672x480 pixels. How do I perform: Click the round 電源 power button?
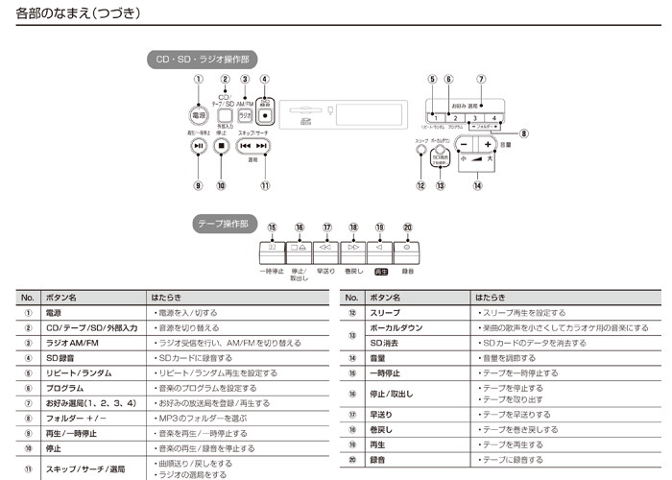tap(199, 114)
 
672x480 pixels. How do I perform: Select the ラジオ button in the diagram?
tap(244, 114)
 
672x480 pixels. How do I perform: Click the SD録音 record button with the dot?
tap(265, 115)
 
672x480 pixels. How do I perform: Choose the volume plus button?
tap(488, 143)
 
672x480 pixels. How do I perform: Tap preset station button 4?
tap(493, 117)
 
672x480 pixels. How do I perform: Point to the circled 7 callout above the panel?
tap(481, 80)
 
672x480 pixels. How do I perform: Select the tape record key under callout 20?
tap(408, 248)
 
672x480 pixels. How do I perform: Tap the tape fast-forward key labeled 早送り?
tap(327, 248)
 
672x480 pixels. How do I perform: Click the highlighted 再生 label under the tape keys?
tap(381, 273)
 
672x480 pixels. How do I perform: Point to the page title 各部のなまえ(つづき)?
tap(79, 15)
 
